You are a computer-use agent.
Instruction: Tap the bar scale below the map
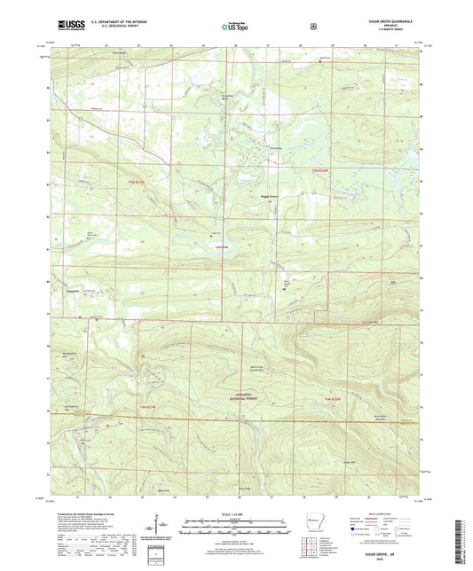(235, 520)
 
